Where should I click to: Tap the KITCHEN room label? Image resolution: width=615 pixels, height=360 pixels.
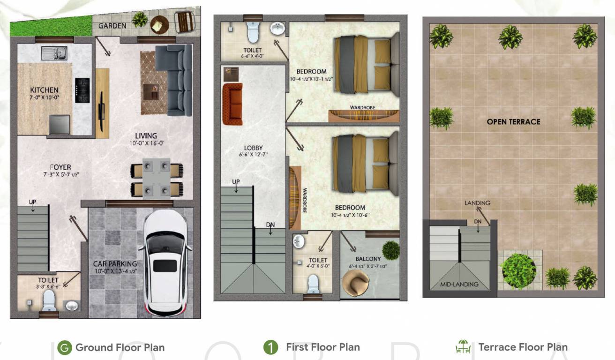coord(45,90)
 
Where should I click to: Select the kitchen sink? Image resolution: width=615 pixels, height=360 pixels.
coord(54,53)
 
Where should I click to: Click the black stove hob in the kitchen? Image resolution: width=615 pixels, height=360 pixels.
coord(82,90)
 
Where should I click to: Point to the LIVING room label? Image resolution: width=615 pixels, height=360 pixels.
coord(145,136)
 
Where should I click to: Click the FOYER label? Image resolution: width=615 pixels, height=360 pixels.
coord(60,167)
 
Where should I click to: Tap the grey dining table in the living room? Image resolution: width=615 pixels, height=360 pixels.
coord(157,179)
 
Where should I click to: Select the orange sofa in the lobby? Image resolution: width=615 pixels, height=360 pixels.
coord(232,104)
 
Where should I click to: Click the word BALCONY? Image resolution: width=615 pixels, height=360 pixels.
coord(368,259)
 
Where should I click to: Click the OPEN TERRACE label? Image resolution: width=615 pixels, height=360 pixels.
coord(513,122)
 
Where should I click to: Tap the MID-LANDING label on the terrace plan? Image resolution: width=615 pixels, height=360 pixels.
coord(459,284)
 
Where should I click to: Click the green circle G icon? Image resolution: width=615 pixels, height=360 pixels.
coord(64,348)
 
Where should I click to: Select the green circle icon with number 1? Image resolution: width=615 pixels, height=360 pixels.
coord(270,348)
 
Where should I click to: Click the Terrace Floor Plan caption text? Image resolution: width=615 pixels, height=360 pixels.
coord(523,347)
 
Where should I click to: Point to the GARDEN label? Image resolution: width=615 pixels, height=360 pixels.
coord(112,26)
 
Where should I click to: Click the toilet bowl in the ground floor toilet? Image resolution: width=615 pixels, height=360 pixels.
coord(49,301)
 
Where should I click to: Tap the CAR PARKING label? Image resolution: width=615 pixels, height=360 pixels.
coord(115,264)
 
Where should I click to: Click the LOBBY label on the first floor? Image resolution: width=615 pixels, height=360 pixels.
coord(253,148)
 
